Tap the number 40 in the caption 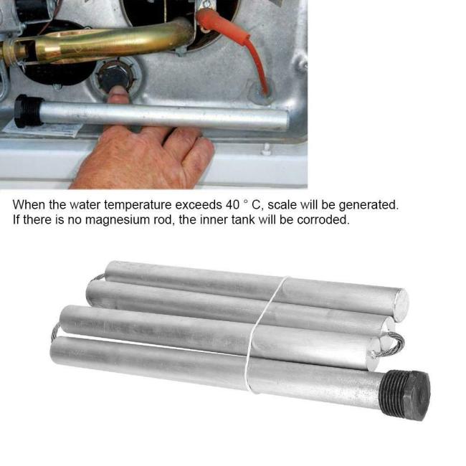(232, 205)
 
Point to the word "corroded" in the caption (323, 219)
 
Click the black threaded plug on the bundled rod (406, 394)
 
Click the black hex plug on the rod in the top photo (29, 111)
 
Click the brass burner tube (98, 44)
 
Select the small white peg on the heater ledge (267, 148)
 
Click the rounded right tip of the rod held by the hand (285, 120)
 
